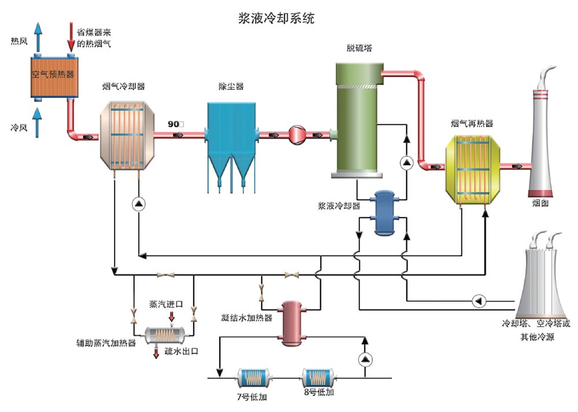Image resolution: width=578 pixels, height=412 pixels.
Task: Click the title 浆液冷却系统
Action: coord(276,17)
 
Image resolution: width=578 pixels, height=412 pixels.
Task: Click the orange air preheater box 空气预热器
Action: coord(53,75)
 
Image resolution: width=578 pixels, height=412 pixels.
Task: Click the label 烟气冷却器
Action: coord(123,86)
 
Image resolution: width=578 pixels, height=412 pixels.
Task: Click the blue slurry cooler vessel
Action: coord(383,212)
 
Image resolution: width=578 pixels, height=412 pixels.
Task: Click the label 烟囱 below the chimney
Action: coord(540,203)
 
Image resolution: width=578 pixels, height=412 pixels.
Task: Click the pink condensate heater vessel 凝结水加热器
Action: coord(295,322)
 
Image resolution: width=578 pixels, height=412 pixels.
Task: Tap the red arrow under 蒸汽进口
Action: coord(171,316)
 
